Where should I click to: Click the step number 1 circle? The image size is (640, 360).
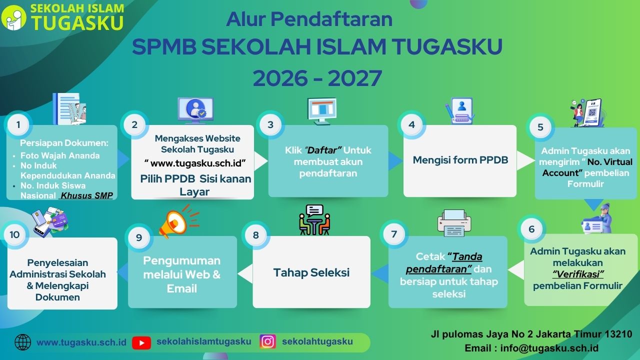pyautogui.click(x=18, y=125)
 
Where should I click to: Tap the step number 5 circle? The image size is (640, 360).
pyautogui.click(x=540, y=127)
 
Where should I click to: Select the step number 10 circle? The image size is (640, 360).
pyautogui.click(x=14, y=234)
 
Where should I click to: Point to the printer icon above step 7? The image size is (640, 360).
pyautogui.click(x=454, y=223)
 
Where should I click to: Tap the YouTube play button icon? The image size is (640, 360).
pyautogui.click(x=141, y=342)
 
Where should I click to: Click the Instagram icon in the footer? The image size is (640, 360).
pyautogui.click(x=267, y=341)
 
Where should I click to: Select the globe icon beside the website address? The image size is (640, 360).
pyautogui.click(x=23, y=342)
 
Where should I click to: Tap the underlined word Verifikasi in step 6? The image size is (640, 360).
pyautogui.click(x=578, y=274)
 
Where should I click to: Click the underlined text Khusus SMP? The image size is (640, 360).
pyautogui.click(x=87, y=195)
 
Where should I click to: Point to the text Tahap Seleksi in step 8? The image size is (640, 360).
pyautogui.click(x=311, y=272)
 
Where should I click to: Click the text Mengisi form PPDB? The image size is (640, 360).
pyautogui.click(x=460, y=160)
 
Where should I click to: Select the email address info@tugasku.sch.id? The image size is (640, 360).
pyautogui.click(x=549, y=348)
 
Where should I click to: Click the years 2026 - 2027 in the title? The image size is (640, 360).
pyautogui.click(x=317, y=78)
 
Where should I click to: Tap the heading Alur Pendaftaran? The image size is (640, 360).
pyautogui.click(x=309, y=19)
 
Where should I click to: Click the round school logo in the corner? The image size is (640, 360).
pyautogui.click(x=13, y=17)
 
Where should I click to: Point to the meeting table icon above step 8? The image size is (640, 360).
pyautogui.click(x=314, y=219)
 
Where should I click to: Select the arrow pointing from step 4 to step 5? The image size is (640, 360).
pyautogui.click(x=525, y=160)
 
